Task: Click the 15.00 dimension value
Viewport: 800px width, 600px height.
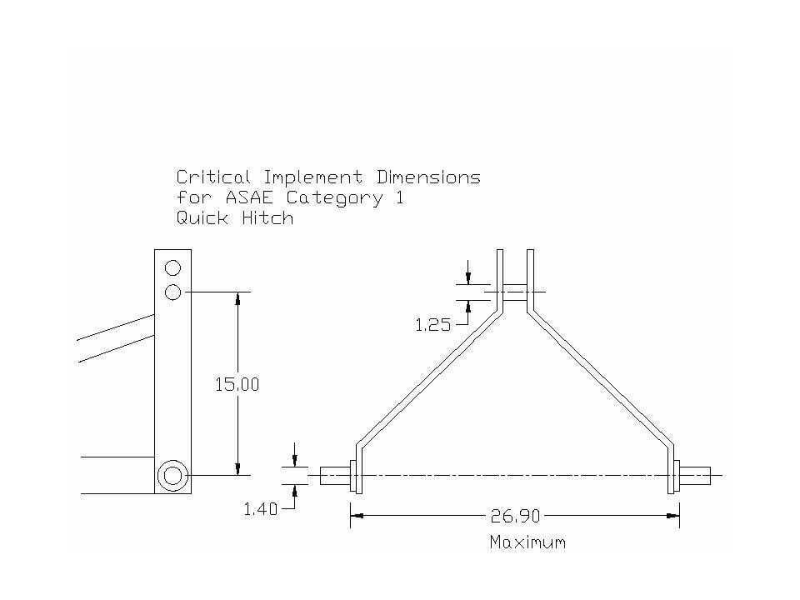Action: click(238, 385)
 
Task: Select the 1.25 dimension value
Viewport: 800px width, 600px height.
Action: click(432, 326)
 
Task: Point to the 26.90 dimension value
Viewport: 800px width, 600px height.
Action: click(514, 517)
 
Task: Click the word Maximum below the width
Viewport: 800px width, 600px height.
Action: click(527, 542)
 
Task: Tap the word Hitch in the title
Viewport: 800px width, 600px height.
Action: click(267, 218)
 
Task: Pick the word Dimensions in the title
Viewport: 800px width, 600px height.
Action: click(428, 177)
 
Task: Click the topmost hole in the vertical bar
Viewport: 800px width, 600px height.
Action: click(172, 268)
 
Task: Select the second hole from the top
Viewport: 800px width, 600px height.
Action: click(172, 292)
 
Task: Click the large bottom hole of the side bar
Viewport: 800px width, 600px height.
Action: click(172, 475)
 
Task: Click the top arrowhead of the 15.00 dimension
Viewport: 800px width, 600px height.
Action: click(238, 297)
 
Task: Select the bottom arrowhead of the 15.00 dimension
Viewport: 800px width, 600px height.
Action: click(238, 469)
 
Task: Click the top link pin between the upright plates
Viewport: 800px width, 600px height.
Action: click(515, 292)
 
